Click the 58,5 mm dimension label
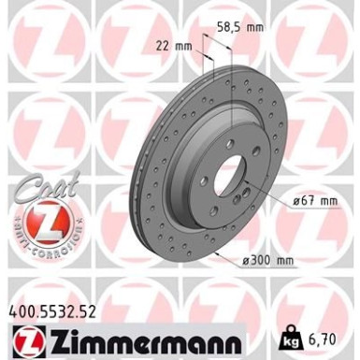(240, 27)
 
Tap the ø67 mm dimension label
(315, 201)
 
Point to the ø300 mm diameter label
(268, 260)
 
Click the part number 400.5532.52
(52, 311)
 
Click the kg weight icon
(290, 338)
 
